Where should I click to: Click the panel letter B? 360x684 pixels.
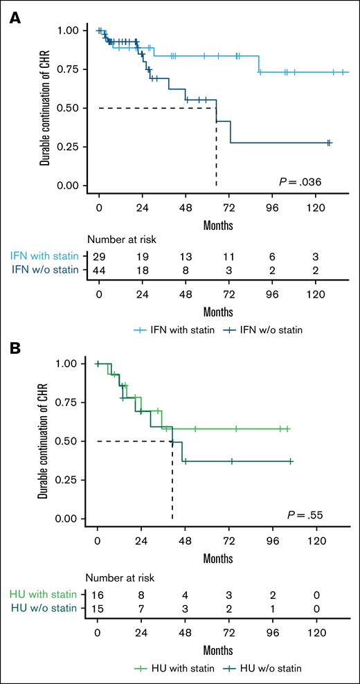(x=14, y=346)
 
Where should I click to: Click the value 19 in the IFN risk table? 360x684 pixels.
(x=142, y=255)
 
